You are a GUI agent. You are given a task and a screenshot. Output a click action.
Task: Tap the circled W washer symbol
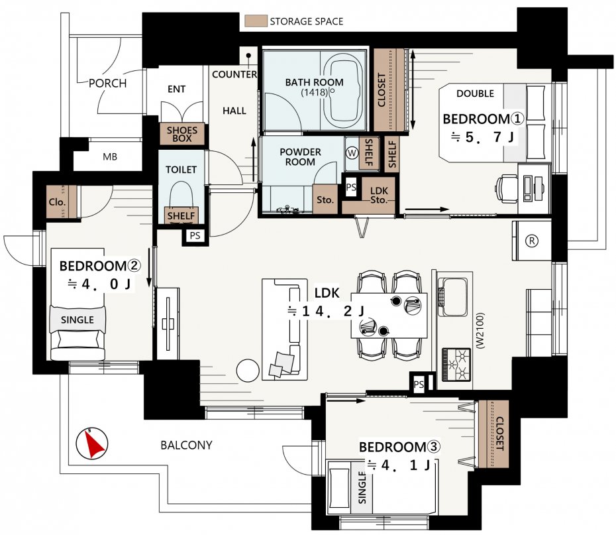[x=352, y=153]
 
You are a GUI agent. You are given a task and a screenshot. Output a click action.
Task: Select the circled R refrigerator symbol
[x=531, y=241]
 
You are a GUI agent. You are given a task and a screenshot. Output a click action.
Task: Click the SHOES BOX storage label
[x=182, y=134]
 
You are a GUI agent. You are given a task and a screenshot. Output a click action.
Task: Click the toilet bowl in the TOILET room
[x=181, y=196]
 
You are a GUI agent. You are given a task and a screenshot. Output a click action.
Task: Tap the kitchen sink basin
[x=454, y=297]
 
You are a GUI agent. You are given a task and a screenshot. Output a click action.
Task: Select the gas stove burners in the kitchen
[x=456, y=365]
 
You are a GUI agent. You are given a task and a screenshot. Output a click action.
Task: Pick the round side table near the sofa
[x=248, y=371]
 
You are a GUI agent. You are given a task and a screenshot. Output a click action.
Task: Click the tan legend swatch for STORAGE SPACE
[x=256, y=21]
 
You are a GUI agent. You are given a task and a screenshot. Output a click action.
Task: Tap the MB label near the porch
[x=109, y=157]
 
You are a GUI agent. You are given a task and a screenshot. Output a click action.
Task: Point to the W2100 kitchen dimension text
[x=480, y=331]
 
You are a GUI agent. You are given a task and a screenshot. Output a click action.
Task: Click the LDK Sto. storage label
[x=379, y=196]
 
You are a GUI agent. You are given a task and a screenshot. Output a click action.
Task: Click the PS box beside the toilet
[x=195, y=236]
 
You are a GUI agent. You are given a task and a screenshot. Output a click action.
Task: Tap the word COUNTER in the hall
[x=234, y=74]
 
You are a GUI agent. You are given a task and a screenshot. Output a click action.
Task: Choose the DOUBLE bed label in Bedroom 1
[x=475, y=93]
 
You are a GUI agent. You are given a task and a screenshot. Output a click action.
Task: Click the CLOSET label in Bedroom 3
[x=499, y=434]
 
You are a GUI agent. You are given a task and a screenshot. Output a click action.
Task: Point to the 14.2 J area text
[x=326, y=312]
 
